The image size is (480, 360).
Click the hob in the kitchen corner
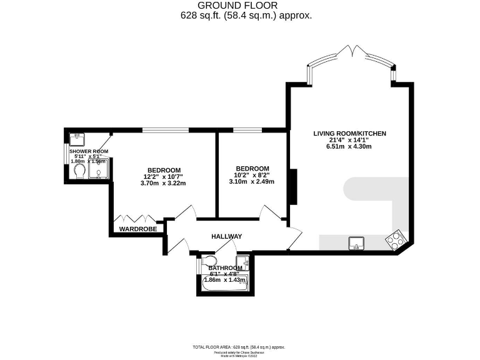click(395, 239)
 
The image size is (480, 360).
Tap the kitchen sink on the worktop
click(357, 242)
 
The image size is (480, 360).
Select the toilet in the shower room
click(77, 173)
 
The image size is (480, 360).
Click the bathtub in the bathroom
click(226, 283)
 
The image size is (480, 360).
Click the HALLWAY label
click(226, 236)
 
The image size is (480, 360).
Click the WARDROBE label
click(137, 229)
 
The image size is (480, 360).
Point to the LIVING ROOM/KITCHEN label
click(350, 134)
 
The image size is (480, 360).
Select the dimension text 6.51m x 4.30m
click(349, 147)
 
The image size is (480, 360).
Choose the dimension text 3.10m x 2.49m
click(252, 182)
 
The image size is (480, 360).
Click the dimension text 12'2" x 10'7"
click(164, 176)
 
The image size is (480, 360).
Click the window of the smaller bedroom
click(247, 131)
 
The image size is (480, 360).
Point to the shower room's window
click(68, 154)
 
